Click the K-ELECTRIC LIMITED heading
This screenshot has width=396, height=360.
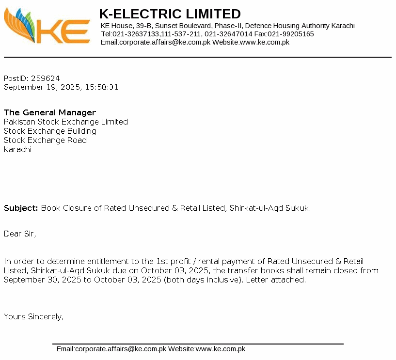pyautogui.click(x=170, y=14)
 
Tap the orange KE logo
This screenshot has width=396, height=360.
pyautogui.click(x=47, y=27)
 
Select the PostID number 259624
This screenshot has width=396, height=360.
pyautogui.click(x=45, y=78)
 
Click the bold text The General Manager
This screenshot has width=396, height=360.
pyautogui.click(x=50, y=112)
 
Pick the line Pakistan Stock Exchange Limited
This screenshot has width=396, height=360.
pyautogui.click(x=66, y=122)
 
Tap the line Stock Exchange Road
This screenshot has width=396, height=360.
pyautogui.click(x=45, y=140)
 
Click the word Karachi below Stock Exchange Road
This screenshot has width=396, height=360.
pyautogui.click(x=17, y=149)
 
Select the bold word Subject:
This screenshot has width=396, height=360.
pyautogui.click(x=21, y=208)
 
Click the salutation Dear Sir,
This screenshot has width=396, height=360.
pyautogui.click(x=20, y=234)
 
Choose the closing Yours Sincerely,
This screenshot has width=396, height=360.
pyautogui.click(x=33, y=316)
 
